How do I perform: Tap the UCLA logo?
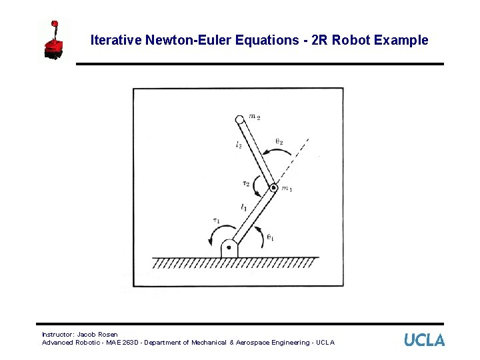pyautogui.click(x=424, y=340)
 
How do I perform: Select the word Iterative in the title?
pyautogui.click(x=113, y=40)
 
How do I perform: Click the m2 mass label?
pyautogui.click(x=254, y=117)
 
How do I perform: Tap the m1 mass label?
pyautogui.click(x=287, y=189)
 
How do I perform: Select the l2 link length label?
pyautogui.click(x=238, y=145)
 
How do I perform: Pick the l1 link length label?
pyautogui.click(x=243, y=208)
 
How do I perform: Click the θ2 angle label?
pyautogui.click(x=279, y=141)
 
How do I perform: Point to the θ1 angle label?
pyautogui.click(x=270, y=236)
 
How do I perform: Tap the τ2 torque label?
pyautogui.click(x=247, y=183)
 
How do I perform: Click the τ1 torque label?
pyautogui.click(x=216, y=221)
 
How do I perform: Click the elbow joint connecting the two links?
pyautogui.click(x=273, y=188)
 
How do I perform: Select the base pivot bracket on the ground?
pyautogui.click(x=229, y=248)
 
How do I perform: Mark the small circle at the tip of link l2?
pyautogui.click(x=239, y=120)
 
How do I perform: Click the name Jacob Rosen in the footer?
pyautogui.click(x=97, y=334)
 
